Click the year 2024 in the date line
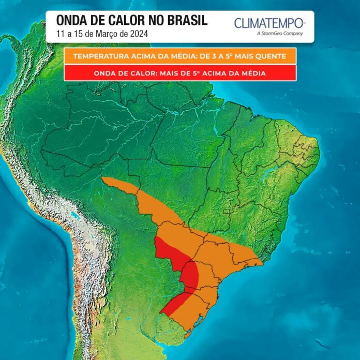point(139,34)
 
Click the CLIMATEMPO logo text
point(269,23)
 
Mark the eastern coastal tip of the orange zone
point(261,262)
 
